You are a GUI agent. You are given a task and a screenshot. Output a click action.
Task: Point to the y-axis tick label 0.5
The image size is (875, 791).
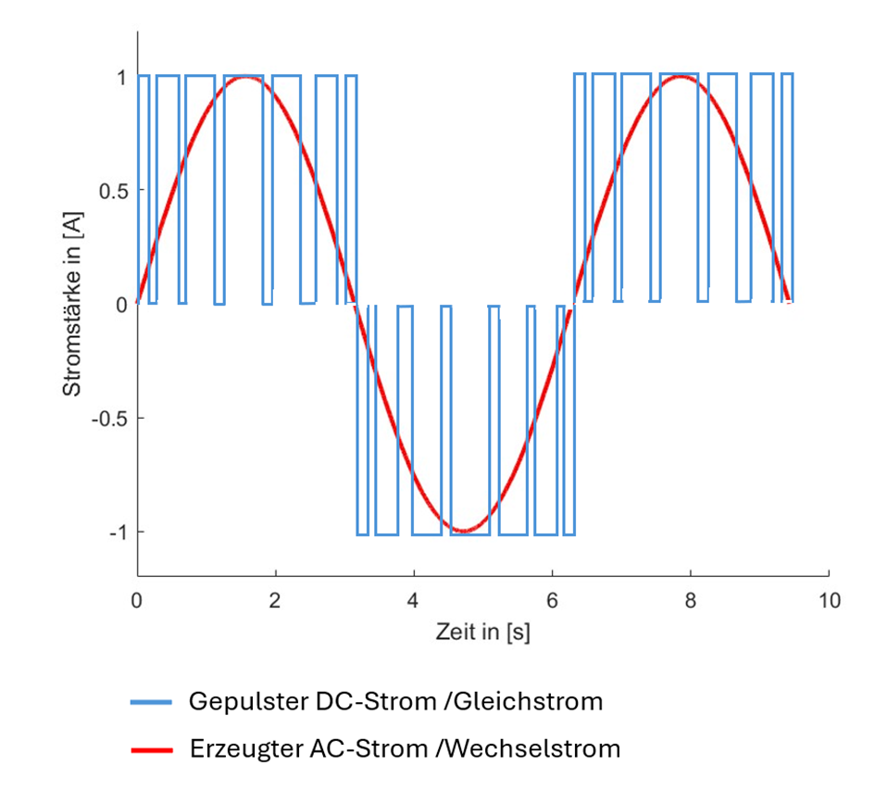[x=110, y=190]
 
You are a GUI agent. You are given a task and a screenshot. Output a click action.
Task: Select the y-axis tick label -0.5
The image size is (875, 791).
[x=107, y=418]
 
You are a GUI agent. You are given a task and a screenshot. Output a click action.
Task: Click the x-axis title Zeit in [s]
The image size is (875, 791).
[x=483, y=634]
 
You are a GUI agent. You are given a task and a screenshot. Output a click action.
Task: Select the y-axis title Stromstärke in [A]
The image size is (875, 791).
[x=72, y=304]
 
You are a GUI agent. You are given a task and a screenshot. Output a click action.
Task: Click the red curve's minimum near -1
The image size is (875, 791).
[x=464, y=531]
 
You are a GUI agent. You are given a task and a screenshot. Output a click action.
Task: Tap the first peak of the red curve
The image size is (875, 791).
[x=245, y=77]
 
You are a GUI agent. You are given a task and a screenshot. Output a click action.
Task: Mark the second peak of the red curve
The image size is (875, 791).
[x=681, y=77]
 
